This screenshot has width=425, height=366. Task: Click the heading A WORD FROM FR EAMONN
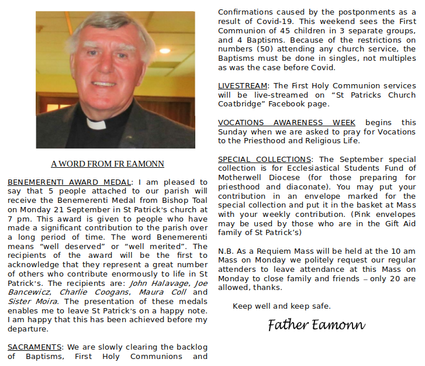point(108,164)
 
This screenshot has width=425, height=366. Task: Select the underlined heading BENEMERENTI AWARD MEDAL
point(70,182)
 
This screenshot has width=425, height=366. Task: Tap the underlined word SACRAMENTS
point(34,347)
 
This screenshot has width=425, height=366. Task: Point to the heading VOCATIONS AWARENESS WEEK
point(286,122)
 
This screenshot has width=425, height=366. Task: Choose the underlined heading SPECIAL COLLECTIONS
point(264,159)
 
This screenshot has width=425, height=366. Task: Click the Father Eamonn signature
point(316,325)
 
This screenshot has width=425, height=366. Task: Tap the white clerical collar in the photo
point(97,123)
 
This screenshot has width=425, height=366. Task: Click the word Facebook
point(289,104)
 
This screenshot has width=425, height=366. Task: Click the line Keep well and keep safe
point(282,306)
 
